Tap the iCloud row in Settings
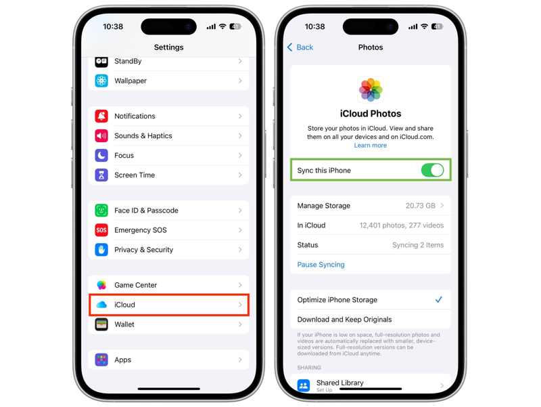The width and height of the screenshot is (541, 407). pyautogui.click(x=168, y=305)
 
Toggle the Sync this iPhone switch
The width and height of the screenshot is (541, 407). pyautogui.click(x=432, y=171)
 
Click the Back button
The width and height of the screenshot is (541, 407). pyautogui.click(x=300, y=47)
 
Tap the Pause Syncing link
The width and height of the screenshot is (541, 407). pyautogui.click(x=321, y=265)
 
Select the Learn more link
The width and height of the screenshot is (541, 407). pyautogui.click(x=370, y=146)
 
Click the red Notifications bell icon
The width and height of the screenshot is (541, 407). pyautogui.click(x=101, y=116)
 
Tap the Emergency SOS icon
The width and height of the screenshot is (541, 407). pyautogui.click(x=101, y=230)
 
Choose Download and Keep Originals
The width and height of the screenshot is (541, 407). pyautogui.click(x=344, y=320)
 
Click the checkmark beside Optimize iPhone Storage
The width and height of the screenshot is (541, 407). pyautogui.click(x=439, y=299)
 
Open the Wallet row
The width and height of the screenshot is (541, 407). pyautogui.click(x=168, y=324)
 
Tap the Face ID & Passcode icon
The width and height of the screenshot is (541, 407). pyautogui.click(x=101, y=211)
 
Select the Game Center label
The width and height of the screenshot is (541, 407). pyautogui.click(x=135, y=285)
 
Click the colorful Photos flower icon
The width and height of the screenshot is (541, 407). pyautogui.click(x=370, y=89)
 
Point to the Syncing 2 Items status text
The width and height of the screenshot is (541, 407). pyautogui.click(x=418, y=245)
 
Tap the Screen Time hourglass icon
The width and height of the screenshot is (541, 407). pyautogui.click(x=101, y=175)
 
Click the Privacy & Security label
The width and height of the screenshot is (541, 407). pyautogui.click(x=143, y=250)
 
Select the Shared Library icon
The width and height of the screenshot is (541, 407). pyautogui.click(x=304, y=385)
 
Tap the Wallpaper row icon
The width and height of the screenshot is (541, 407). pyautogui.click(x=101, y=81)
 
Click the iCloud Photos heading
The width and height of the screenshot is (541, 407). pyautogui.click(x=370, y=114)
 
